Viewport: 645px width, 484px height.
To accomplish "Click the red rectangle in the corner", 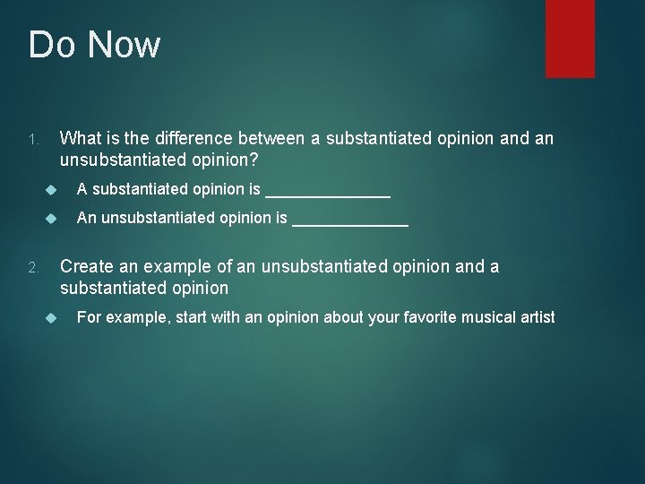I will click(558, 38).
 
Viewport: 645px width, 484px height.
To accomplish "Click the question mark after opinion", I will click(254, 160).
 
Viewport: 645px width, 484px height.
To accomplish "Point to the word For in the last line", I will click(88, 317).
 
